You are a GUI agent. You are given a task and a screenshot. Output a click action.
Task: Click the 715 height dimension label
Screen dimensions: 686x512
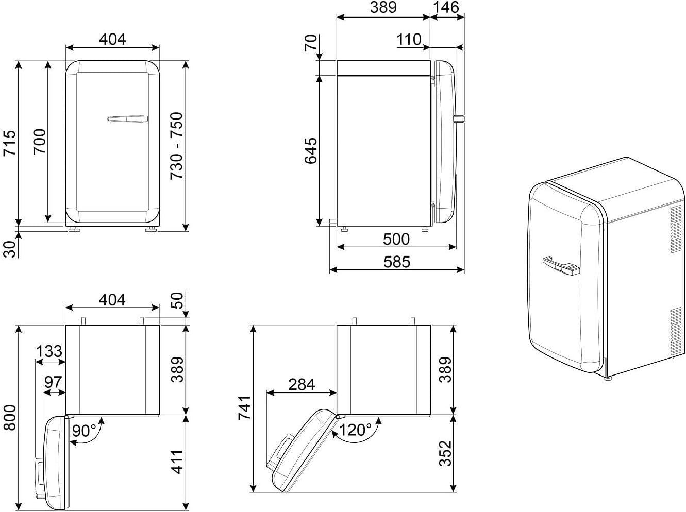coord(9,143)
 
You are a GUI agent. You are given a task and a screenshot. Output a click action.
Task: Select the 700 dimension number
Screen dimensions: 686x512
coord(40,142)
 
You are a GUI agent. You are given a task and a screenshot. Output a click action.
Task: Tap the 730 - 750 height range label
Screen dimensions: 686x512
coord(177,146)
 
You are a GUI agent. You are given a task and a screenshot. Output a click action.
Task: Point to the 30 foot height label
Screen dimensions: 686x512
coord(9,249)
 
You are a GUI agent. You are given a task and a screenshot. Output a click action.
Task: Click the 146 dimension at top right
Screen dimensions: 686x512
coord(446,7)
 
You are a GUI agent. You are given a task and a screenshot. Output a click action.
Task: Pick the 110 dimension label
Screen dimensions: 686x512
coord(409,40)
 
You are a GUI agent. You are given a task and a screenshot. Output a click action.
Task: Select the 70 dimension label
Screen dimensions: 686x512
coord(311,43)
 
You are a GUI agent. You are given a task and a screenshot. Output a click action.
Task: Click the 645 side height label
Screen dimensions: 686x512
coord(311,151)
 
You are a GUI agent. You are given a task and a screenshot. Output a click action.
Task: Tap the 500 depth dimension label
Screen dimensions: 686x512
coord(396,239)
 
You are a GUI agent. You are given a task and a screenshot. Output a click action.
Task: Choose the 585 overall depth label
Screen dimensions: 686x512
coord(397,262)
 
